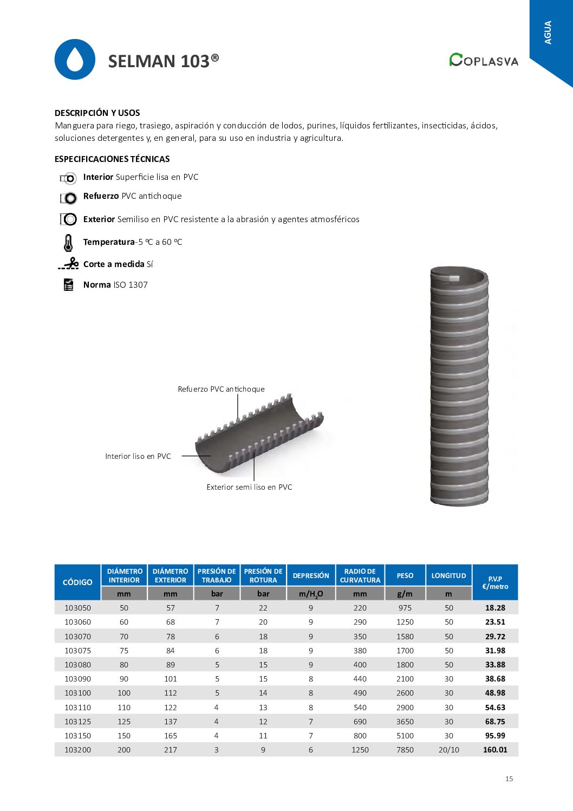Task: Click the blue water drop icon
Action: click(x=75, y=60)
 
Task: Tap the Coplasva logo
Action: click(x=483, y=60)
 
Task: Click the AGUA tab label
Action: click(x=548, y=33)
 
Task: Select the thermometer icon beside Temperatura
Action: click(x=68, y=243)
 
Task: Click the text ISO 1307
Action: click(x=131, y=285)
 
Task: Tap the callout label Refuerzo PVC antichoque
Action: click(x=221, y=389)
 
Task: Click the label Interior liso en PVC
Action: click(x=138, y=456)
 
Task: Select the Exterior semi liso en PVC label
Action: click(x=249, y=487)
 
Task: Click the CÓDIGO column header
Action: click(x=77, y=582)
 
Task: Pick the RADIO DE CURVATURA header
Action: click(x=360, y=576)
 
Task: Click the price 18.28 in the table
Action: click(x=495, y=608)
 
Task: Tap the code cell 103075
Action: click(x=77, y=651)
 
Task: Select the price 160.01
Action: click(x=495, y=750)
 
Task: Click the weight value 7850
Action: click(x=405, y=750)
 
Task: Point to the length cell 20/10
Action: click(x=448, y=750)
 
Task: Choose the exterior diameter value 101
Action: click(x=171, y=679)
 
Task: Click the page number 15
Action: click(x=509, y=778)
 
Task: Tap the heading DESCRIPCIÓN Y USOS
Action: click(x=97, y=113)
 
